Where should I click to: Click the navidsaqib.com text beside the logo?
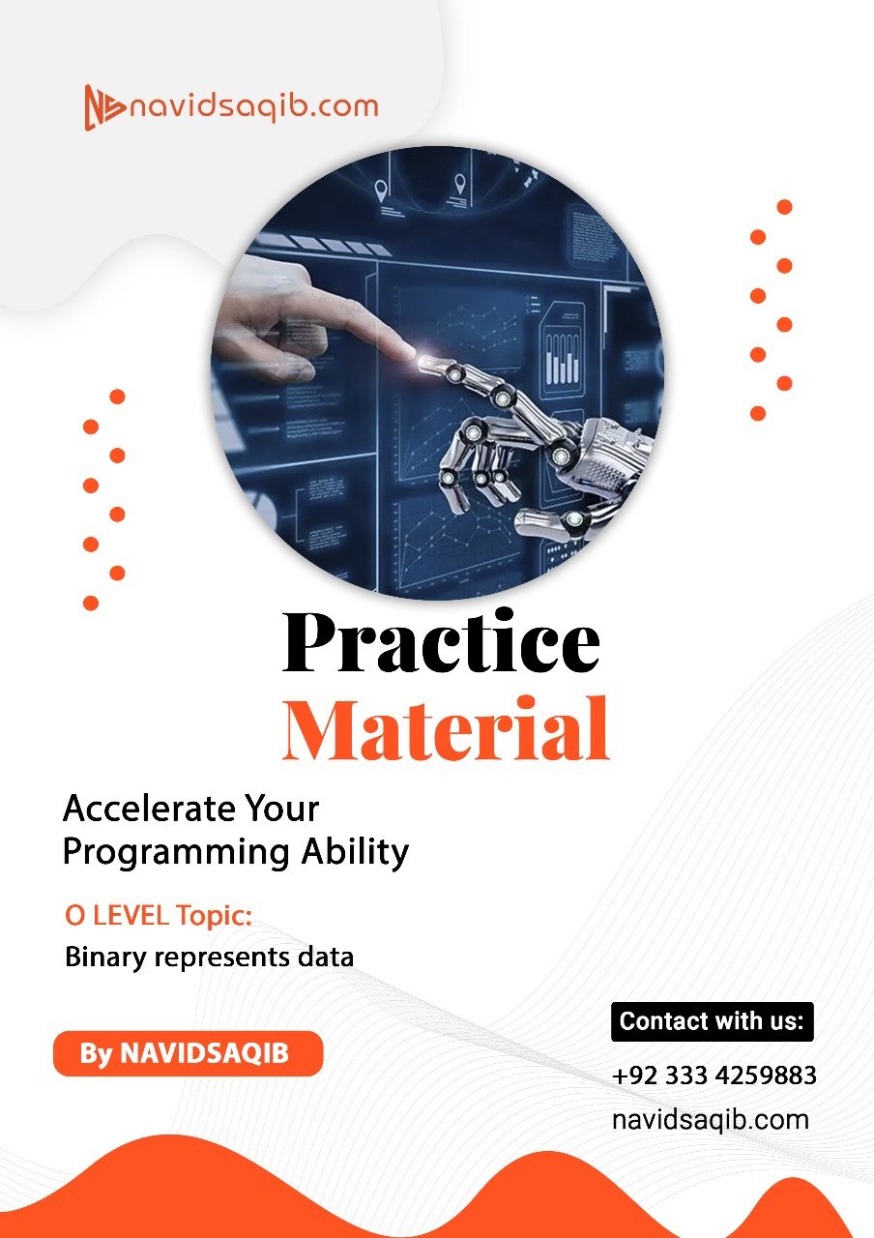click(x=254, y=106)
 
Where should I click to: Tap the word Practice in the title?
click(x=441, y=642)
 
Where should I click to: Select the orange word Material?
click(x=446, y=727)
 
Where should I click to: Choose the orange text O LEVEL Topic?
click(x=158, y=914)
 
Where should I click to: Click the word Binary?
click(x=104, y=958)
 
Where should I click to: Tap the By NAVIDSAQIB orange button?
click(x=187, y=1053)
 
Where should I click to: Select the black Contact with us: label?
click(x=712, y=1021)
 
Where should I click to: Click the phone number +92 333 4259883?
click(x=714, y=1076)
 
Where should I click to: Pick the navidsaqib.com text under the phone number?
click(x=711, y=1120)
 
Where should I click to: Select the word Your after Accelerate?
click(x=281, y=808)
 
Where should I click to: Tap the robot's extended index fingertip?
click(x=426, y=363)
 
